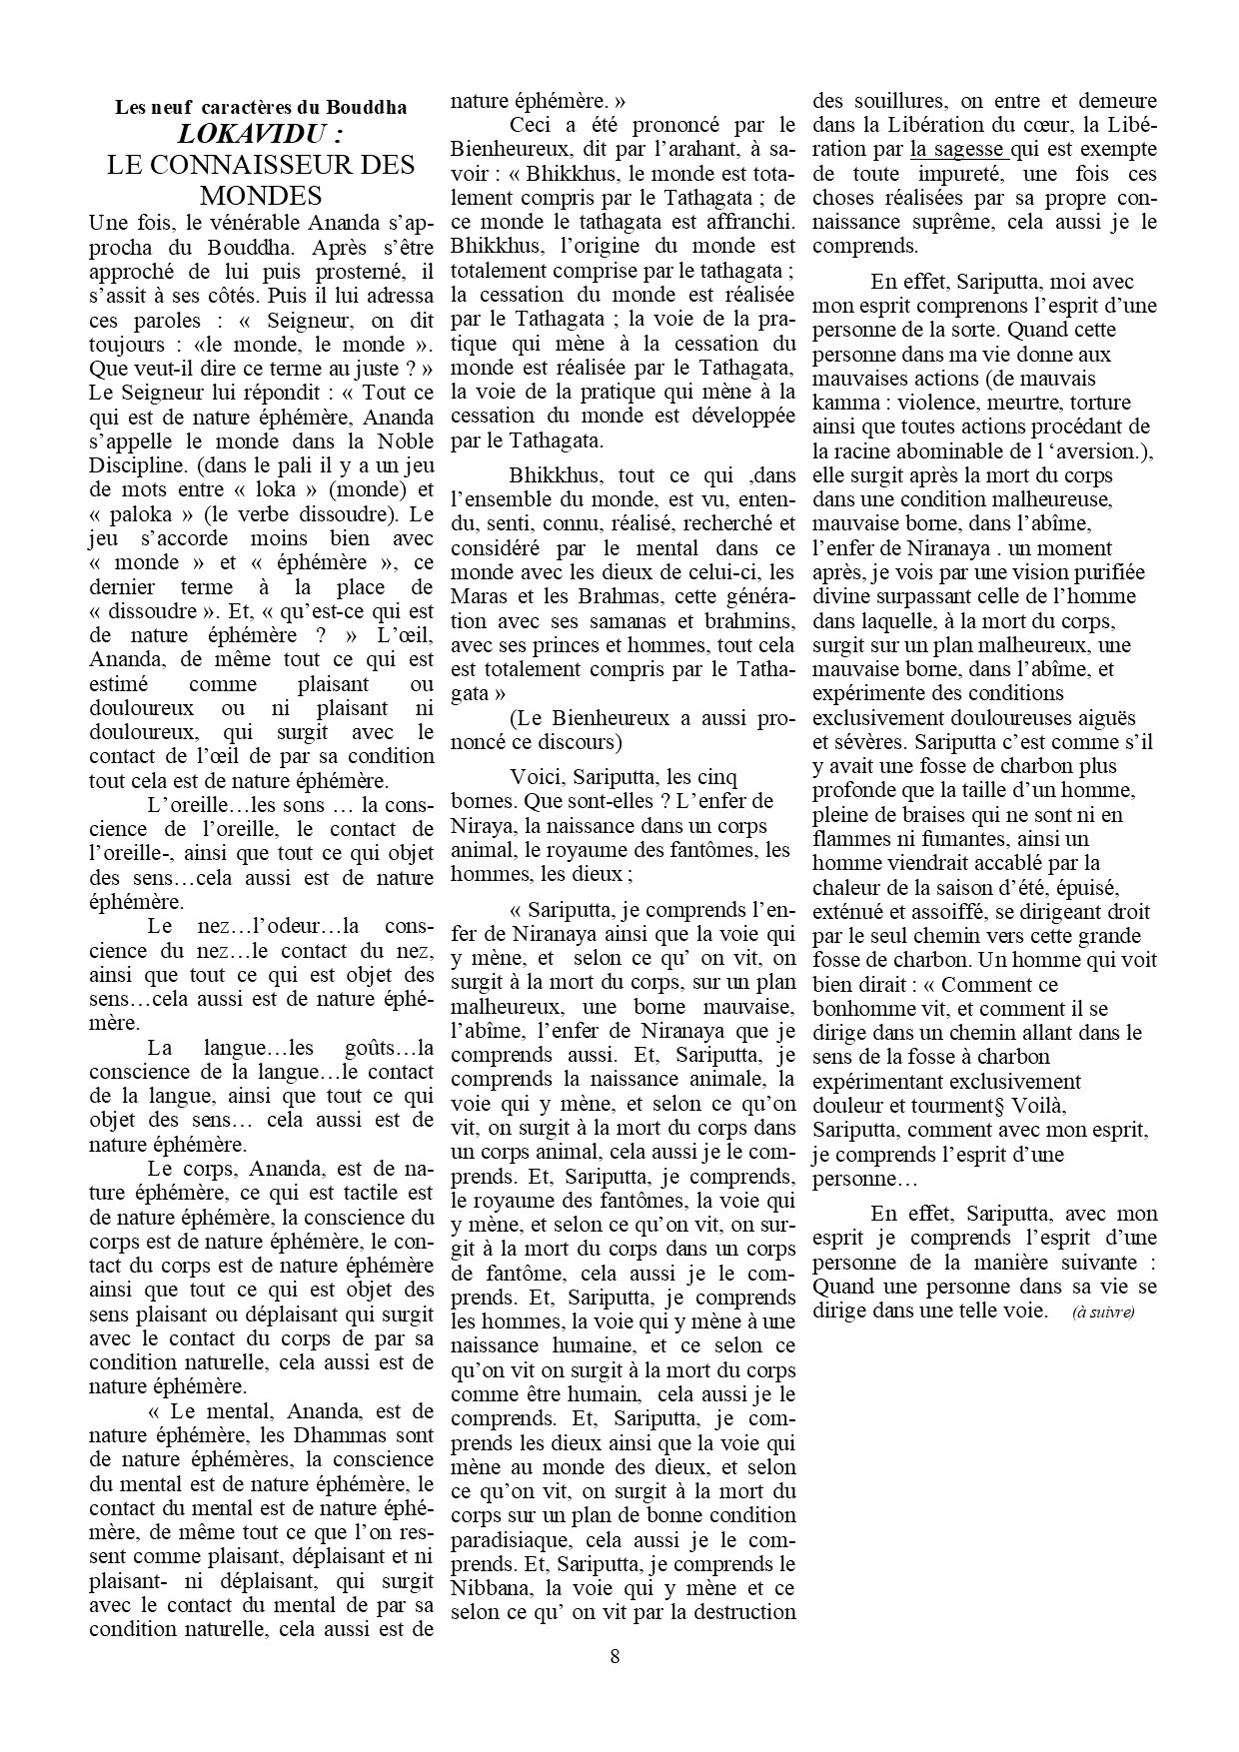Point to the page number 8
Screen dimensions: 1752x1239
[x=615, y=1656]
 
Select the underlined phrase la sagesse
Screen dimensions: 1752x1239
[x=957, y=150]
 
